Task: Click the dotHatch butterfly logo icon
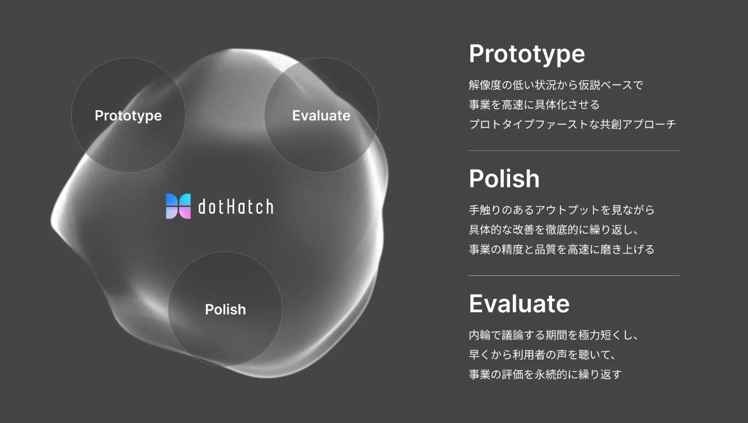[x=178, y=206]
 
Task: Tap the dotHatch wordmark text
[x=236, y=206]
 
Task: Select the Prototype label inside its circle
[x=128, y=116]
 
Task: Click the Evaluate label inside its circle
[x=321, y=116]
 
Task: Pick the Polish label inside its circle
[x=226, y=309]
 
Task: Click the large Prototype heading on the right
[x=527, y=54]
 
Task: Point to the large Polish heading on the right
[x=504, y=179]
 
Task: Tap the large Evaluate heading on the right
[x=519, y=304]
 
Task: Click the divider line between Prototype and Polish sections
[x=574, y=151]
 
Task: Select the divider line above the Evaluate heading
[x=574, y=275]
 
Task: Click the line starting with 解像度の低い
[x=555, y=85]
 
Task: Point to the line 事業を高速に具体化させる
[x=534, y=105]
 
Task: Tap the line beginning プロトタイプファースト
[x=572, y=124]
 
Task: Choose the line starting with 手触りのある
[x=562, y=210]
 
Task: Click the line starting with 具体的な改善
[x=554, y=229]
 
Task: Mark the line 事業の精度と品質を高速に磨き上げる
[x=562, y=249]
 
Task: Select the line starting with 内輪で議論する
[x=554, y=335]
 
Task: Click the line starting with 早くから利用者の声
[x=543, y=355]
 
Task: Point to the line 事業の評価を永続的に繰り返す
[x=545, y=374]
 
